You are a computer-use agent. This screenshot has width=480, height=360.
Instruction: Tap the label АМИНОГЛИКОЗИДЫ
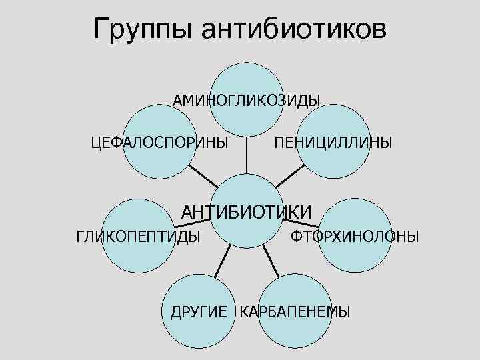click(x=247, y=100)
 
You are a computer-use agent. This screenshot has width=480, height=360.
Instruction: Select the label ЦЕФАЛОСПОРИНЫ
click(x=159, y=142)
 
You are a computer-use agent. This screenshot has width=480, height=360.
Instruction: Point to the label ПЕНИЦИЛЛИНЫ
click(x=333, y=143)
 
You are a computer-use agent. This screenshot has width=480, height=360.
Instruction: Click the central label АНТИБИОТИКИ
click(x=247, y=212)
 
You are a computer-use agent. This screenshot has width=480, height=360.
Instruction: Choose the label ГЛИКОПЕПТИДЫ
click(x=139, y=236)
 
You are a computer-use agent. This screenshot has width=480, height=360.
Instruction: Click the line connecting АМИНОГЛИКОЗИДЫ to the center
click(x=247, y=157)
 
